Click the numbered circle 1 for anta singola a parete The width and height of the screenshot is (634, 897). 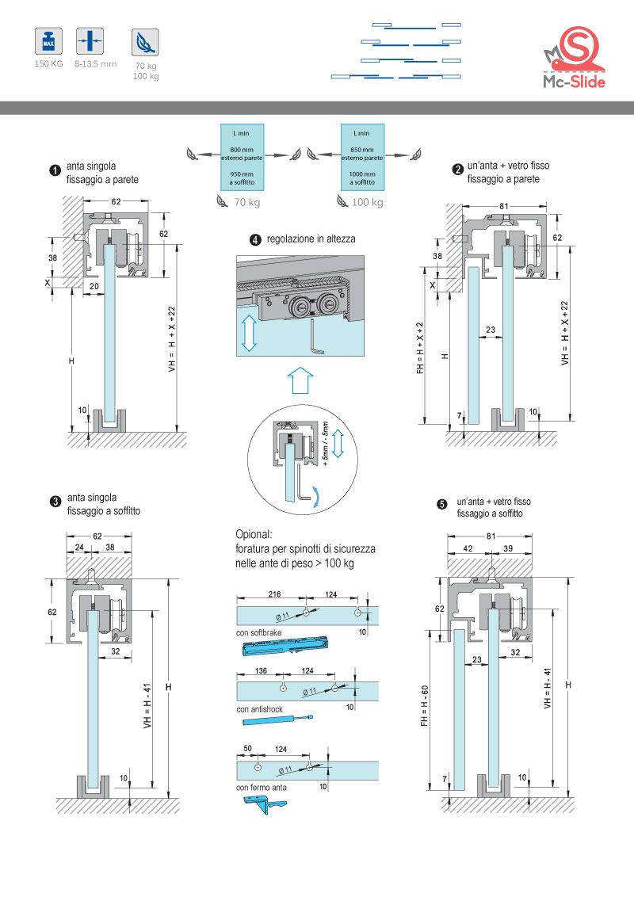[55, 170]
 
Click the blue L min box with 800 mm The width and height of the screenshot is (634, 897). [241, 156]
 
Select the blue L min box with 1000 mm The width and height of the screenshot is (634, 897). [362, 156]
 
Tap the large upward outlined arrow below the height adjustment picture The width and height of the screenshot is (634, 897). [299, 380]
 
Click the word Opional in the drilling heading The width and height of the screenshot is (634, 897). [254, 534]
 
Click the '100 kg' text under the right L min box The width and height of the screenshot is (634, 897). [367, 203]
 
